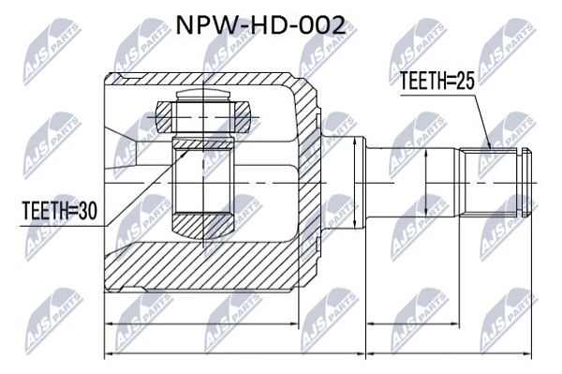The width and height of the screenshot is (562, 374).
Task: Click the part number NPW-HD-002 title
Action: (260, 25)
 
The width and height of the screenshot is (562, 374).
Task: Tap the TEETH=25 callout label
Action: (436, 81)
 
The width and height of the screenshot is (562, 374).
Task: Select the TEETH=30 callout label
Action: (60, 211)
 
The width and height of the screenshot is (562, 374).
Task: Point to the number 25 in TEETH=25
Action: (466, 81)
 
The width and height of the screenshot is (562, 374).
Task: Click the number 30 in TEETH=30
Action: (88, 211)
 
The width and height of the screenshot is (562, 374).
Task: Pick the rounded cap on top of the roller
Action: (202, 95)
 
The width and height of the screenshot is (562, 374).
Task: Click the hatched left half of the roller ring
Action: (165, 115)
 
